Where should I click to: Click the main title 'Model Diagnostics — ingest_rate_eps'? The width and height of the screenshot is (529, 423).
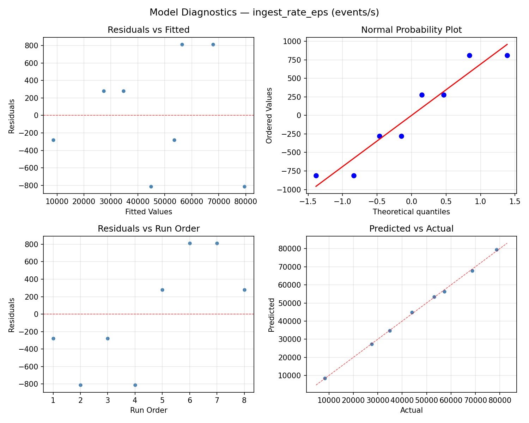tap(264, 12)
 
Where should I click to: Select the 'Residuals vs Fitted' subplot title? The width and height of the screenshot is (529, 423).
tap(148, 30)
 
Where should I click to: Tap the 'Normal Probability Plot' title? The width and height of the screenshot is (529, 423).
tap(411, 30)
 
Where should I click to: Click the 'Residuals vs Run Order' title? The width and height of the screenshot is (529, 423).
tap(148, 229)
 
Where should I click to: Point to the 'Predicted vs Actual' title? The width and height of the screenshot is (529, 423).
tap(411, 229)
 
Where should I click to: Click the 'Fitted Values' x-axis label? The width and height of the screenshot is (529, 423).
tap(148, 212)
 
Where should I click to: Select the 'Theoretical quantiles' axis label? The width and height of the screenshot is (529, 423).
tap(411, 212)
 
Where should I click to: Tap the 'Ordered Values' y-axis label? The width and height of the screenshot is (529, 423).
tap(269, 115)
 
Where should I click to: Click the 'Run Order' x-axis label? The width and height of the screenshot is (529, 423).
tap(148, 410)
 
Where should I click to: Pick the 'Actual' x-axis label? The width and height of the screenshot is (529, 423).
tap(411, 410)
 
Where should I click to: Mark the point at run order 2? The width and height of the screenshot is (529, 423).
tap(80, 385)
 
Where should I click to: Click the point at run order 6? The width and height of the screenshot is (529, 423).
tap(190, 243)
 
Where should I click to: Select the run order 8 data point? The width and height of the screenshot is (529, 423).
tap(244, 290)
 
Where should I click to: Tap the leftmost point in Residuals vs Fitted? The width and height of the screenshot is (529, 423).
tap(53, 140)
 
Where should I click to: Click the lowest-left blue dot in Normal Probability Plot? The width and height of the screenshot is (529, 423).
tap(316, 176)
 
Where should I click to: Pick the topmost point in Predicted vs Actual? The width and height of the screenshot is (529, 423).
tap(497, 250)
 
